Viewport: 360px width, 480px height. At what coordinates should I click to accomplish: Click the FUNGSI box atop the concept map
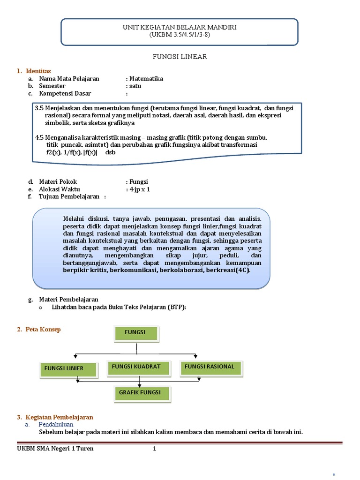(135, 333)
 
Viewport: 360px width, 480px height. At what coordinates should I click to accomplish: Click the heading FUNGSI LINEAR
(180, 57)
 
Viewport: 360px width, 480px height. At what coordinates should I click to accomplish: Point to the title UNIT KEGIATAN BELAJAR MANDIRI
(180, 28)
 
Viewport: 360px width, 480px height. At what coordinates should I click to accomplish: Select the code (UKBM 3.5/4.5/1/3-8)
(180, 35)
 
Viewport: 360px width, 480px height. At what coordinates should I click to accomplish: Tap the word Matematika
(146, 79)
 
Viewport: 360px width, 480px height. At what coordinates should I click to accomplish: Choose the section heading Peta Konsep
(43, 330)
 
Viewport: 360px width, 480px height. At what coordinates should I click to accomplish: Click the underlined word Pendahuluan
(57, 425)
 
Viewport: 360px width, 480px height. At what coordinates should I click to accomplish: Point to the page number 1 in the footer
(154, 449)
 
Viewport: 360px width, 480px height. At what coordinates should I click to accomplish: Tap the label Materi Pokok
(58, 182)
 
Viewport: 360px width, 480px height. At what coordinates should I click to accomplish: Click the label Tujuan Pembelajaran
(69, 197)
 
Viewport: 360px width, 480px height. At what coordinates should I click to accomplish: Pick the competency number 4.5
(39, 137)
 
